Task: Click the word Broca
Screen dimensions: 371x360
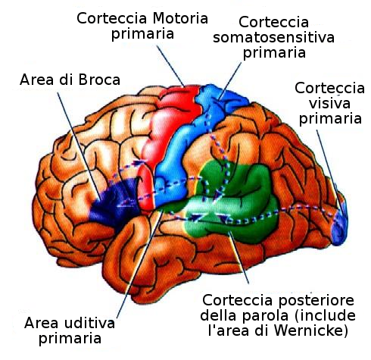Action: tap(99, 80)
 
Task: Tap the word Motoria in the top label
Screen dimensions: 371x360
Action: tap(180, 18)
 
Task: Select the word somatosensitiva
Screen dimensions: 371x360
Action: tap(273, 38)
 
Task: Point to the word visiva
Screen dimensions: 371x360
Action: tap(329, 103)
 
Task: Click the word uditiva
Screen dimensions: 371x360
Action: tap(89, 323)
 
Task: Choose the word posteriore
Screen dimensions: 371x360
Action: tap(316, 301)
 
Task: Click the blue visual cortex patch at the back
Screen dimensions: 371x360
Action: tap(340, 227)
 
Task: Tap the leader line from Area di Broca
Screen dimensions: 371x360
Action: tap(79, 146)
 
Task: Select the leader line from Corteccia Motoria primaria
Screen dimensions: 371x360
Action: tap(170, 66)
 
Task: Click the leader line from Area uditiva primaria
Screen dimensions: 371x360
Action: tap(139, 265)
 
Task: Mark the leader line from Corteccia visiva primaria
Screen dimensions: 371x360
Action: tap(329, 172)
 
